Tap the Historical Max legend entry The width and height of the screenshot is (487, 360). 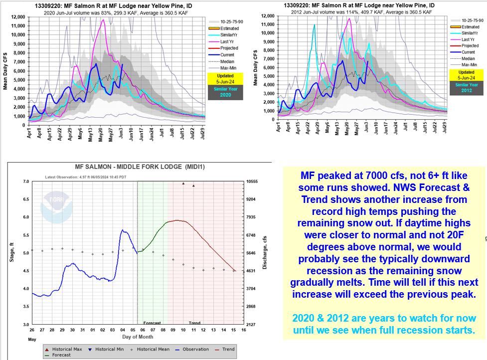point(63,350)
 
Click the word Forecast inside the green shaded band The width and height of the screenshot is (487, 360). point(152,323)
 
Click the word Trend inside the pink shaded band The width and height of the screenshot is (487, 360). point(194,323)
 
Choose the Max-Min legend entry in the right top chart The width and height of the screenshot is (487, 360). point(467,65)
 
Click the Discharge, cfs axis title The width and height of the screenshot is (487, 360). point(265,253)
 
